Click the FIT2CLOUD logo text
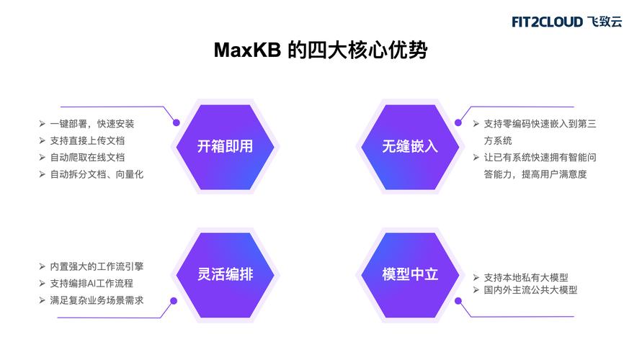[547, 22]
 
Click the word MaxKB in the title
[247, 50]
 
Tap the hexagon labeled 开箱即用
[226, 147]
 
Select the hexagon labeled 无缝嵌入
[410, 147]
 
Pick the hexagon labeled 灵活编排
[226, 275]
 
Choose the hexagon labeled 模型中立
[410, 275]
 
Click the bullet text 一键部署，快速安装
[92, 124]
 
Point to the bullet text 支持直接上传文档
[87, 140]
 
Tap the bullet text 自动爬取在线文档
[87, 158]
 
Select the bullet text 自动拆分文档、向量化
[97, 174]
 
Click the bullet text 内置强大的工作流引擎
[97, 266]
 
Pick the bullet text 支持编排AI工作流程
[92, 284]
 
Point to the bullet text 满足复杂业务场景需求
[97, 300]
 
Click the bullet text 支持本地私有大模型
[526, 278]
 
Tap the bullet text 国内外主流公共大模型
[530, 290]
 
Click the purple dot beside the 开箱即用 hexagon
[177, 122]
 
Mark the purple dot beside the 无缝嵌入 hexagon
[458, 122]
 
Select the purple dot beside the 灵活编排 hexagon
[174, 301]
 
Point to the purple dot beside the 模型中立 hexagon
[458, 301]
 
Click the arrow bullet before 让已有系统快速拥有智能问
[476, 158]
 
